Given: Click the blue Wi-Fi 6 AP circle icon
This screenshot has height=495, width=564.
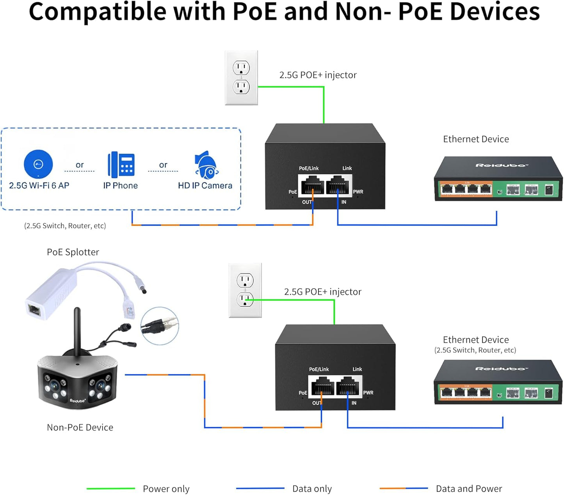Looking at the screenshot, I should coord(38,164).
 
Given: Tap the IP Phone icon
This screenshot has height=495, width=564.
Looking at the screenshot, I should coord(121,165).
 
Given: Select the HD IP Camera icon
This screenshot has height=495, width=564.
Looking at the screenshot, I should coord(206,165).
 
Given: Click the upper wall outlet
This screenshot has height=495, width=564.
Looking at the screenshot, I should coord(241,78).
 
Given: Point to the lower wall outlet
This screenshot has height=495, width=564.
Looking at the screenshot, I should coord(245,290).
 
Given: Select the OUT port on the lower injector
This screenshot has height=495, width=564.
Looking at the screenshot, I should coord(322,386).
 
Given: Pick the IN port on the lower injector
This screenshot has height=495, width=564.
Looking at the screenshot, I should coord(348,386).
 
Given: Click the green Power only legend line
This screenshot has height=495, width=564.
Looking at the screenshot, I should coord(110,488).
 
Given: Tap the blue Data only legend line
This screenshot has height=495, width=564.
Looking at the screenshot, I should coord(260,488).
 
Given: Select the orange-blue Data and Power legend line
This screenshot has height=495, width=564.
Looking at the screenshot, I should coord(404,488).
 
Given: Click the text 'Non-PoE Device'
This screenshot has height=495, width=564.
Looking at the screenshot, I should coord(80,428).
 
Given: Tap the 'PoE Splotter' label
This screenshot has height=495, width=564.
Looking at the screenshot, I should coord(73,252).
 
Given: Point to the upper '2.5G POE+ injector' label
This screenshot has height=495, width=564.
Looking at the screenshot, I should coord(318,75).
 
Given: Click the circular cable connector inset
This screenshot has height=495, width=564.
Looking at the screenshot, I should coord(159,326).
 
